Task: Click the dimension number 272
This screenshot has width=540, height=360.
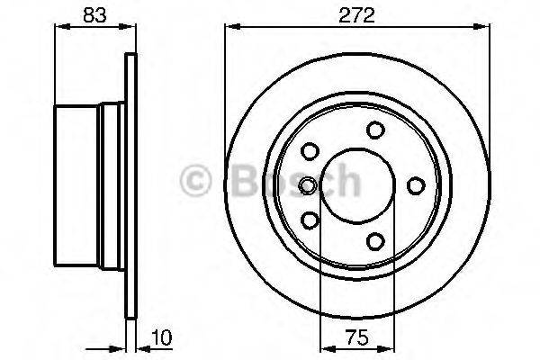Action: pos(357,14)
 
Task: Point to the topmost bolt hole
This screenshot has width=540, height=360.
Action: pos(375,130)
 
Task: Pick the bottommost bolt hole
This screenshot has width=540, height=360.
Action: pos(375,240)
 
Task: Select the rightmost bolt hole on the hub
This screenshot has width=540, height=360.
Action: pos(416,185)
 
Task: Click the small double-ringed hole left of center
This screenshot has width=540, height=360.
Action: pos(309,185)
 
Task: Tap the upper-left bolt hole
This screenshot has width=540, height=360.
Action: pos(311,151)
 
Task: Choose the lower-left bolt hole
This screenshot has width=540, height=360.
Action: pos(311,220)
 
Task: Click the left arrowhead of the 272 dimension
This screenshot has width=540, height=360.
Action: pos(229,27)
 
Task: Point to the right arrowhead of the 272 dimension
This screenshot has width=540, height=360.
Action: pos(487,27)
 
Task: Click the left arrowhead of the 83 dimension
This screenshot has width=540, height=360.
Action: pos(60,27)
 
